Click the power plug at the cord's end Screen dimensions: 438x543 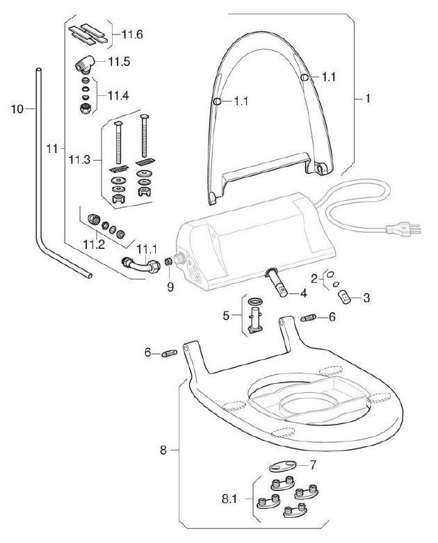click(x=403, y=229)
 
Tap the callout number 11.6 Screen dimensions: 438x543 click(x=132, y=35)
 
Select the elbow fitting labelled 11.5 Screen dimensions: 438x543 click(x=85, y=65)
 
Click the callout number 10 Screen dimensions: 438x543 click(x=17, y=109)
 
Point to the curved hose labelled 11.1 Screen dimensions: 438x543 click(x=141, y=266)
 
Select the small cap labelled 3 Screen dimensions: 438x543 click(x=344, y=297)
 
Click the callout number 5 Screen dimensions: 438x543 click(x=226, y=316)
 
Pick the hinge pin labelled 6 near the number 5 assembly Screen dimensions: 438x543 click(x=309, y=318)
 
